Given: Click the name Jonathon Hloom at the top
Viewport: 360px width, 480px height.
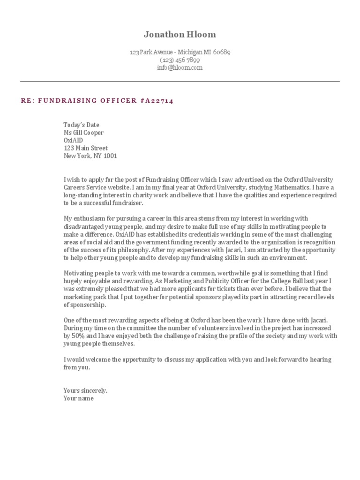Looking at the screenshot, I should tap(180, 35).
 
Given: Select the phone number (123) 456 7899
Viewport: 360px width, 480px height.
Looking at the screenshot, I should tap(180, 60).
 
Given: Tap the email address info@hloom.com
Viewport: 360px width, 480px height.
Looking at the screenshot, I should tap(180, 67).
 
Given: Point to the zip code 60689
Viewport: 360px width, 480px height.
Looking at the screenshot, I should tap(221, 52).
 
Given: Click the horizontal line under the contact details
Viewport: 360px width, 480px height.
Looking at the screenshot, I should tap(180, 82).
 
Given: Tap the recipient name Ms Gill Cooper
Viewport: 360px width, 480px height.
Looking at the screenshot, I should tap(83, 133).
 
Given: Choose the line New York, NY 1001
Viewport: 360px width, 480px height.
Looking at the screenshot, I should tap(90, 156).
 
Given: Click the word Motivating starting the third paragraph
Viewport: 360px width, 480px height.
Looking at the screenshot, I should tap(79, 273).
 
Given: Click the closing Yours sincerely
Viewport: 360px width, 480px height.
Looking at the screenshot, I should tap(85, 390).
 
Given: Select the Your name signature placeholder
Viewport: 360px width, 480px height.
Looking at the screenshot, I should tap(78, 398).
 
